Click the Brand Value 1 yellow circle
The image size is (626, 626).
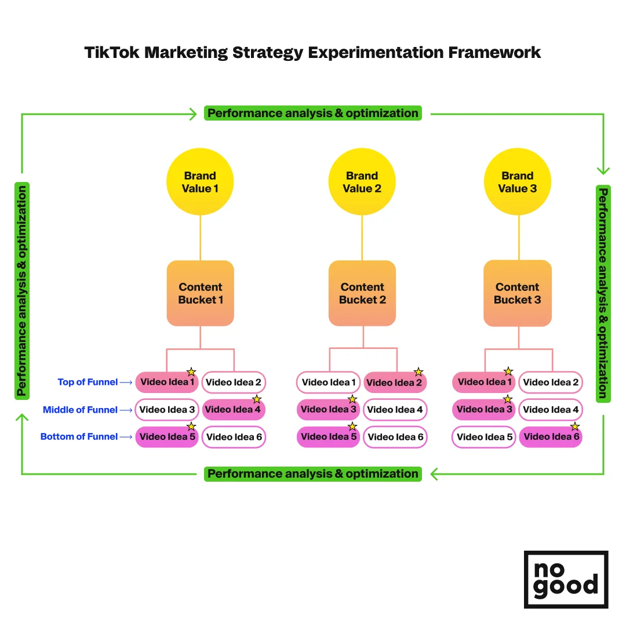click(x=200, y=182)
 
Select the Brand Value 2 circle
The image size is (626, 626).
click(x=362, y=182)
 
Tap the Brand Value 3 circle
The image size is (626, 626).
click(x=517, y=182)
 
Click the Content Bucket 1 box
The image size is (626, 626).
click(x=201, y=293)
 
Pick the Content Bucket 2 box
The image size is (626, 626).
click(x=362, y=293)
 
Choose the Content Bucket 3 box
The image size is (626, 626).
click(x=518, y=293)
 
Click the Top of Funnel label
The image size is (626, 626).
click(x=88, y=382)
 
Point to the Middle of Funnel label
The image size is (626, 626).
click(x=80, y=410)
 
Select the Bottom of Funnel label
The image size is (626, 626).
click(x=79, y=436)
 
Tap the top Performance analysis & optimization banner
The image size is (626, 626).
click(x=313, y=113)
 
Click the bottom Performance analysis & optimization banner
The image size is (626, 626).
click(x=313, y=474)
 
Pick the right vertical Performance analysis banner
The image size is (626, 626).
click(x=603, y=293)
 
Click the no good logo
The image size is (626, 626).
click(x=566, y=579)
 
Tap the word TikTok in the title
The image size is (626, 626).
click(x=111, y=52)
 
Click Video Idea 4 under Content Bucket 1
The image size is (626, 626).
click(x=234, y=410)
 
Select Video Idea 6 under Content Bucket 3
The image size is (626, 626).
click(x=551, y=437)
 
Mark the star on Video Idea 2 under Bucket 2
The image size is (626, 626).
click(x=418, y=372)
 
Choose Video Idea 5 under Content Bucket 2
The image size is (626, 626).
click(x=328, y=437)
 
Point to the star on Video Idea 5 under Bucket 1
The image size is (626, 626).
click(x=191, y=427)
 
